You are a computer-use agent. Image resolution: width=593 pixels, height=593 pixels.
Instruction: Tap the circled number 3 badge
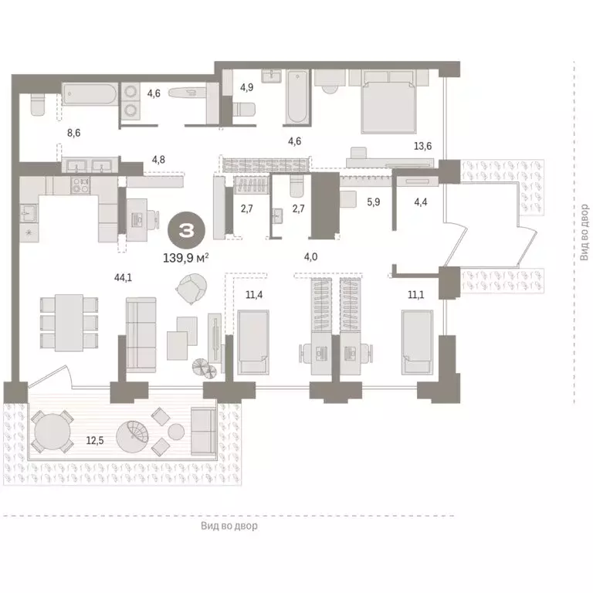tap(186, 229)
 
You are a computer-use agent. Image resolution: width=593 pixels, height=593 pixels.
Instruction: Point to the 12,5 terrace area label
tap(95, 440)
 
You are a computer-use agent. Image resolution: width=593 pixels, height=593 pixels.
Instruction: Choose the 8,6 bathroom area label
tap(73, 133)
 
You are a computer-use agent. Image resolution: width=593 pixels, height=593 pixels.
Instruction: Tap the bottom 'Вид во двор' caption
tap(229, 526)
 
